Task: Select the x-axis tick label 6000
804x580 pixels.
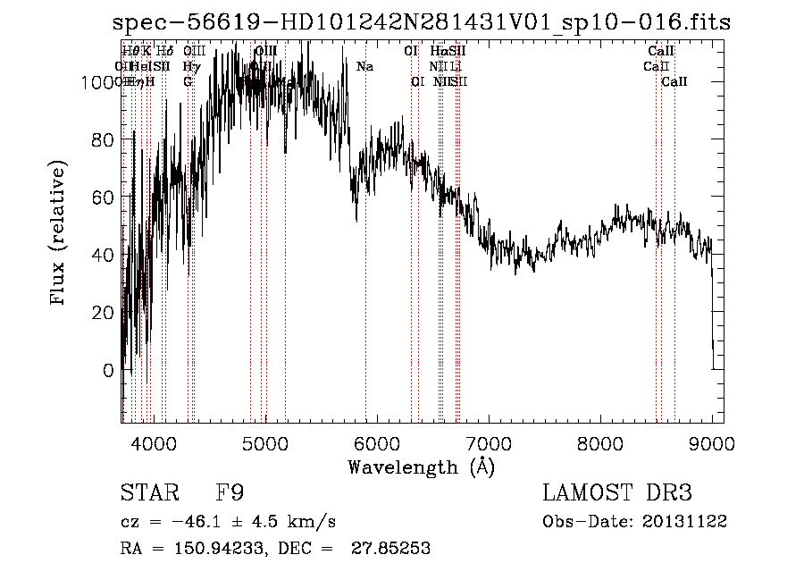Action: pos(376,442)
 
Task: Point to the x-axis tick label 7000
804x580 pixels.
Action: pos(488,442)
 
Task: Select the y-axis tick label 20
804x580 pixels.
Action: pos(104,312)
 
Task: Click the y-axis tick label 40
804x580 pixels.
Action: pos(104,255)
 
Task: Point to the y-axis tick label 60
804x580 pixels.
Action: pos(104,197)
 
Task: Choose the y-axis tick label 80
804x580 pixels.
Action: pos(104,139)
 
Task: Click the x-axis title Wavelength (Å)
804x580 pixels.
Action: pos(421,467)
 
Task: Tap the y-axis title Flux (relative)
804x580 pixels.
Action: pos(60,235)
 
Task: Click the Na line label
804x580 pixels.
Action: pos(364,67)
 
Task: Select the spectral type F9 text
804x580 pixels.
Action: pos(230,493)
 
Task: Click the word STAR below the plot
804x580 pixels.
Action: pos(149,493)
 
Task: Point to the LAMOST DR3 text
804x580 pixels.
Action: pos(617,493)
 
